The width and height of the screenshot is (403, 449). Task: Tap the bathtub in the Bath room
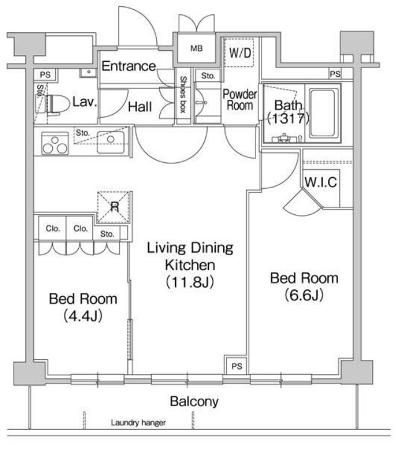(322, 113)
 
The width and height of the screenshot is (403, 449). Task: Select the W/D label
(240, 53)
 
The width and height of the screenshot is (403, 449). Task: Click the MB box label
(197, 48)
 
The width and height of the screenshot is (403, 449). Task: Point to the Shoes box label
(183, 95)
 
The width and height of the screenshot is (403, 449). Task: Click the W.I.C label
(321, 182)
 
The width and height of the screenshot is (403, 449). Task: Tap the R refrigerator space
(114, 207)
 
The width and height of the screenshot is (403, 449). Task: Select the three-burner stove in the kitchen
(55, 143)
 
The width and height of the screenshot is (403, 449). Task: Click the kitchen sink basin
(110, 142)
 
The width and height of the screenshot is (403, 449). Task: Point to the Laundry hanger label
(138, 422)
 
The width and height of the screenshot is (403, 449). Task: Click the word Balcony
(194, 401)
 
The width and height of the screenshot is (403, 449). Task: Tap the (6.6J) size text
(304, 295)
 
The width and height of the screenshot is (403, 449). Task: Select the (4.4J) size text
(83, 316)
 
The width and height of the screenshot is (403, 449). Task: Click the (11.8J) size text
(190, 282)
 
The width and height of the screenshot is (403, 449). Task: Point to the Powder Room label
(239, 100)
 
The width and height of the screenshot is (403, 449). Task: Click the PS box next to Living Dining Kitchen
(237, 366)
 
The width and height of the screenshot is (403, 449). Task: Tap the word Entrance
(129, 66)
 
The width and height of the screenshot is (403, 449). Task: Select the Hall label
(140, 107)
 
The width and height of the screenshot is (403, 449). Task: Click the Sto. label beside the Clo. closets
(107, 234)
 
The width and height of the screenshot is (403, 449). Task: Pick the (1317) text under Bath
(288, 118)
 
